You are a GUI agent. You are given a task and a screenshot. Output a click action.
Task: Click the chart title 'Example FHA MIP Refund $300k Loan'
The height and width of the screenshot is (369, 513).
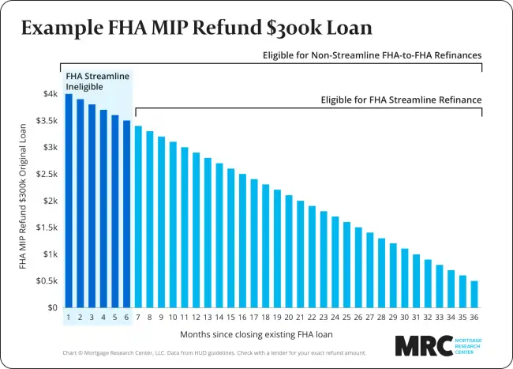click(x=197, y=29)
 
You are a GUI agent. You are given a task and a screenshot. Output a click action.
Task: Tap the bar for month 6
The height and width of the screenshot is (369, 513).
click(x=127, y=214)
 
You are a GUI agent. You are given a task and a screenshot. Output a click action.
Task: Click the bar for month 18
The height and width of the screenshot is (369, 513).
click(x=265, y=246)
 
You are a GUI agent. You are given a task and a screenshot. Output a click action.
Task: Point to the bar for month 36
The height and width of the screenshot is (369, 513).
click(x=474, y=294)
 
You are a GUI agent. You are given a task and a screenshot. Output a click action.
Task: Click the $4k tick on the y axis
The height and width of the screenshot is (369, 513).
click(x=50, y=94)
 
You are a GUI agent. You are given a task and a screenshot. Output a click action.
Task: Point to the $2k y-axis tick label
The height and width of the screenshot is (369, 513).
click(x=50, y=201)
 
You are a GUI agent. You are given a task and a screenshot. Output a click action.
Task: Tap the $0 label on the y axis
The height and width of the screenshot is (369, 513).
click(x=52, y=307)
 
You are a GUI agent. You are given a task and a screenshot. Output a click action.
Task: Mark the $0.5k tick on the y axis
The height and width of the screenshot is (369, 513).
click(x=47, y=281)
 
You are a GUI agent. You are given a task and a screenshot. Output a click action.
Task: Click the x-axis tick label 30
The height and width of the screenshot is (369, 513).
click(x=404, y=318)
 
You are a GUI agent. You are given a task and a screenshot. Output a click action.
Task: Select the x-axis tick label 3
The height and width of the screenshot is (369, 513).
click(x=92, y=318)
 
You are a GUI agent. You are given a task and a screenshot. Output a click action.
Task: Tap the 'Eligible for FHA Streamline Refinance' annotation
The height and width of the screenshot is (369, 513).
click(x=401, y=100)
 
